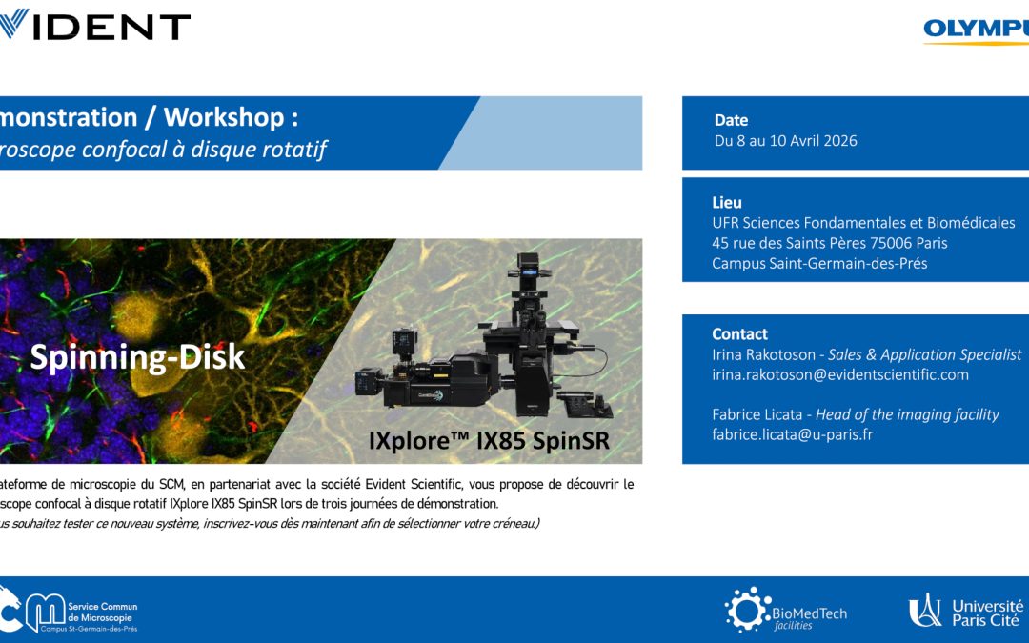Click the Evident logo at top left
pyautogui.click(x=95, y=26)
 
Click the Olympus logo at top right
pyautogui.click(x=976, y=30)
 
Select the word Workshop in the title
pyautogui.click(x=224, y=117)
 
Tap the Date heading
pyautogui.click(x=731, y=120)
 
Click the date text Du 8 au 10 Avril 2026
pyautogui.click(x=785, y=141)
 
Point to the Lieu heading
pyautogui.click(x=726, y=202)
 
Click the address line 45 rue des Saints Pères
pyautogui.click(x=829, y=243)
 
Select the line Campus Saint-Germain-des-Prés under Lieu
pyautogui.click(x=818, y=264)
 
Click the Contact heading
pyautogui.click(x=739, y=333)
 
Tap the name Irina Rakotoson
pyautogui.click(x=763, y=354)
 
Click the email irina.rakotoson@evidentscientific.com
pyautogui.click(x=839, y=375)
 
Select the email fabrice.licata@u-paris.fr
pyautogui.click(x=792, y=434)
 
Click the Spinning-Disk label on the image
pyautogui.click(x=137, y=357)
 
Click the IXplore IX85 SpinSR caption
pyautogui.click(x=489, y=441)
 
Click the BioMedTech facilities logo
pyautogui.click(x=785, y=611)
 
